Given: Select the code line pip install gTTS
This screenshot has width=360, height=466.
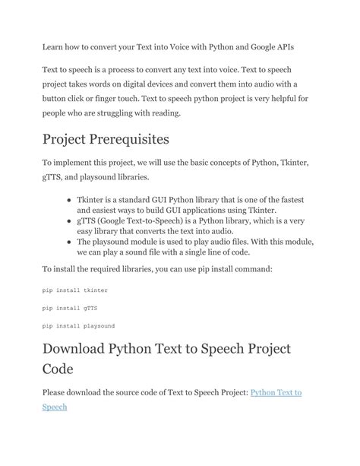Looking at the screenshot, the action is pos(70,308).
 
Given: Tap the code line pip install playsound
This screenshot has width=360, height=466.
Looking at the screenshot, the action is pos(78,325).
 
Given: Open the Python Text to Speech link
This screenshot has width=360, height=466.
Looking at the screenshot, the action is pos(276,392).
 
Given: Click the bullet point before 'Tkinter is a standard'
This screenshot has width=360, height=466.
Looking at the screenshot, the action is pos(69,199).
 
